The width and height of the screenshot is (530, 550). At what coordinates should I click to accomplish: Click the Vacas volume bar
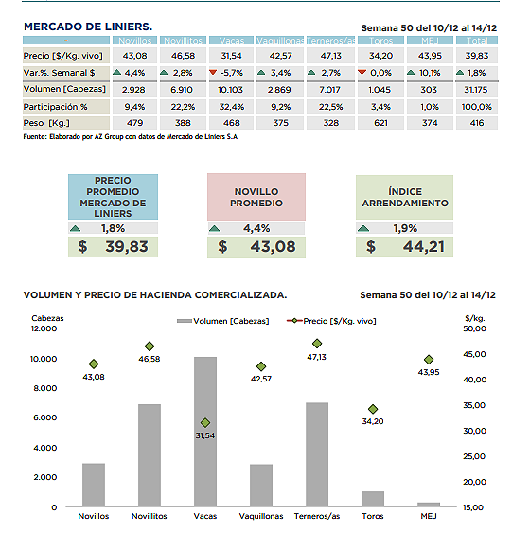(x=205, y=432)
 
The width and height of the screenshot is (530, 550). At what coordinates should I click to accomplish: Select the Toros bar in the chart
(x=373, y=499)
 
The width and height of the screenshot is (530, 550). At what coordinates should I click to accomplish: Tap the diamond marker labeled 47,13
(x=317, y=344)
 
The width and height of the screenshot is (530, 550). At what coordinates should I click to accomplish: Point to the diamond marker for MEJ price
(x=429, y=360)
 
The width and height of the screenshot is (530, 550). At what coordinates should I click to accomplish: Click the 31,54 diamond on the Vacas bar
(x=205, y=422)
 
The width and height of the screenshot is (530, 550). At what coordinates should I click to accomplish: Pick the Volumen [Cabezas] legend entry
(x=223, y=321)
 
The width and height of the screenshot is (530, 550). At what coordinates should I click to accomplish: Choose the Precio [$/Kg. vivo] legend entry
(x=331, y=321)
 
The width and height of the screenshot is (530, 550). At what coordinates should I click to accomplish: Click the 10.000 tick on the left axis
(x=44, y=359)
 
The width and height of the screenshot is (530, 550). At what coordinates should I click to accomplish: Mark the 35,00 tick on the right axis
(x=474, y=405)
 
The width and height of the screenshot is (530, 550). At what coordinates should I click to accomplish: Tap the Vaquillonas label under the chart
(x=261, y=516)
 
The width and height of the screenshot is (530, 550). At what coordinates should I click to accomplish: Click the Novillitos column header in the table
(x=183, y=41)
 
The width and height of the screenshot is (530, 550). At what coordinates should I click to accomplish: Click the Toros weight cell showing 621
(x=380, y=123)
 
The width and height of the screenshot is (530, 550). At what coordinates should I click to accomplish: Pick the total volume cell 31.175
(x=476, y=90)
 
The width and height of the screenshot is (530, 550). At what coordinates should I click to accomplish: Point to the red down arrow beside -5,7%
(x=213, y=72)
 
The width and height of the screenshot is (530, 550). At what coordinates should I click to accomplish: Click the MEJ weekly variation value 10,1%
(x=430, y=73)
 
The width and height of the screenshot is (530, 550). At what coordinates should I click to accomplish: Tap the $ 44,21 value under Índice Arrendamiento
(x=404, y=246)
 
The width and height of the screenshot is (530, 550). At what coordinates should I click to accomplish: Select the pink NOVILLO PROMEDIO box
(x=256, y=197)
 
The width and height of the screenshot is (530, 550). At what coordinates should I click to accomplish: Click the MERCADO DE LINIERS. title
(x=88, y=27)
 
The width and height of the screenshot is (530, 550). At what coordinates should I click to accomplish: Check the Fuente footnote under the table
(x=130, y=137)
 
